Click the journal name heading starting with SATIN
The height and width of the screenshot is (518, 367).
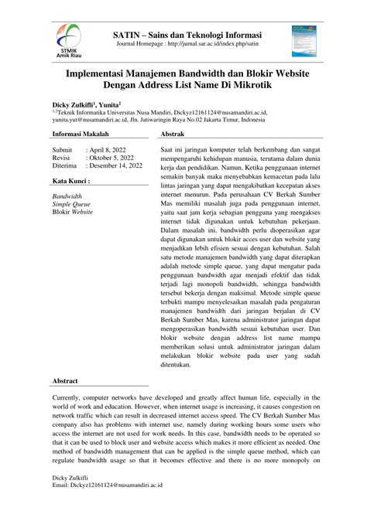187,36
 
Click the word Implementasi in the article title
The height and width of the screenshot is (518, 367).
99,70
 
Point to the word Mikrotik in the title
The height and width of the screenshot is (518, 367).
268,83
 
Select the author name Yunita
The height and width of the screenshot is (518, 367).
108,102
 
